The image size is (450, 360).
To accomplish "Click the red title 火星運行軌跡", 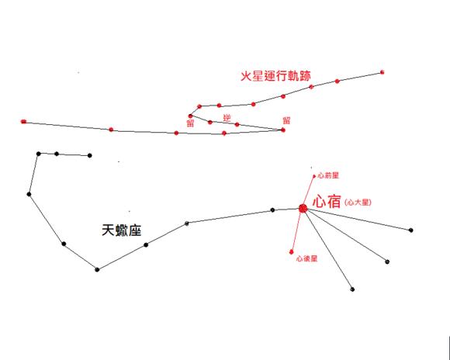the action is point(275,76).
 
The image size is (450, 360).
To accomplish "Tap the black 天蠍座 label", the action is point(122,230).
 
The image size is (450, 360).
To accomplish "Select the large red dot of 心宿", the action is point(303,209).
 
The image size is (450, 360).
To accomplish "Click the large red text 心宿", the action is point(327,201).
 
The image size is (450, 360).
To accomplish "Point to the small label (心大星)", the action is point(358,202).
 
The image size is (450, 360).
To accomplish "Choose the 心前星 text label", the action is point(328,175).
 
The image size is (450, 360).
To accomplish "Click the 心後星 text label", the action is point(307,258).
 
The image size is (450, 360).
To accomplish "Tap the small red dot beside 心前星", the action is point(314,176).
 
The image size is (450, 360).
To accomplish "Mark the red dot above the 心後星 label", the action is point(292,252).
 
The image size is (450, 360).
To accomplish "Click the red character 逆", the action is point(227,118).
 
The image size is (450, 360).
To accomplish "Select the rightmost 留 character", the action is point(286,120).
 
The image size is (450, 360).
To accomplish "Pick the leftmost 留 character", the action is point(191,123).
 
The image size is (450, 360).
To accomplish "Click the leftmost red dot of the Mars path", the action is point(23,122).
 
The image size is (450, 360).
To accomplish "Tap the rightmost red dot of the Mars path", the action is point(382,72).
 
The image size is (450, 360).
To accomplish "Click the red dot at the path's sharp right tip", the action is point(283,130).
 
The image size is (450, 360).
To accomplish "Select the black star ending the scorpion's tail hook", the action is point(89,156).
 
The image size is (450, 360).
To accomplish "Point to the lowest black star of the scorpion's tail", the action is point(97,269).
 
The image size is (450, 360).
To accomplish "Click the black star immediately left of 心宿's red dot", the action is point(272,210).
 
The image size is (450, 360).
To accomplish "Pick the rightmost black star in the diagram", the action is point(411,230).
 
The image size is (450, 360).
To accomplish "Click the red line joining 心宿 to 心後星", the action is point(297,230).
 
